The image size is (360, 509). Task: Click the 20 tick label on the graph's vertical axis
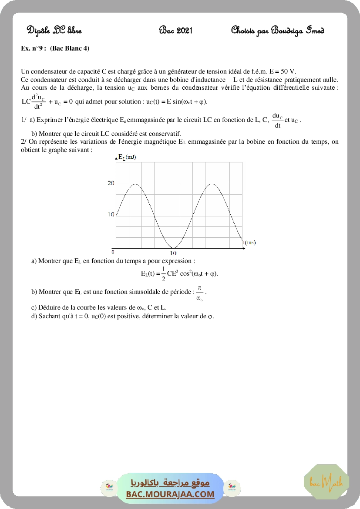111,183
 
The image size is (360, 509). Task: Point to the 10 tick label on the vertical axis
111,214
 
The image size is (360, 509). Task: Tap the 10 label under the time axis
173,253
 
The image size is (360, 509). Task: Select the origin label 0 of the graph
113,252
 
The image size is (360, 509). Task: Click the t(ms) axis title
249,243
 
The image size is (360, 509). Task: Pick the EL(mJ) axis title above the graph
127,157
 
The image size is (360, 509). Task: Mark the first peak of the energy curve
136,184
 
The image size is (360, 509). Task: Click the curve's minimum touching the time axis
173,248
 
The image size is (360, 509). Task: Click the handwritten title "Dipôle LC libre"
54,30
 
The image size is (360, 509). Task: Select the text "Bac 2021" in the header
176,30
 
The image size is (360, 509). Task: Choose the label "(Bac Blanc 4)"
70,48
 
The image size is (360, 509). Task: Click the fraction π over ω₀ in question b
199,293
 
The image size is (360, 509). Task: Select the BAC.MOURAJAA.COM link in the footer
170,494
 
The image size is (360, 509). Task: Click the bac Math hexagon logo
326,482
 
